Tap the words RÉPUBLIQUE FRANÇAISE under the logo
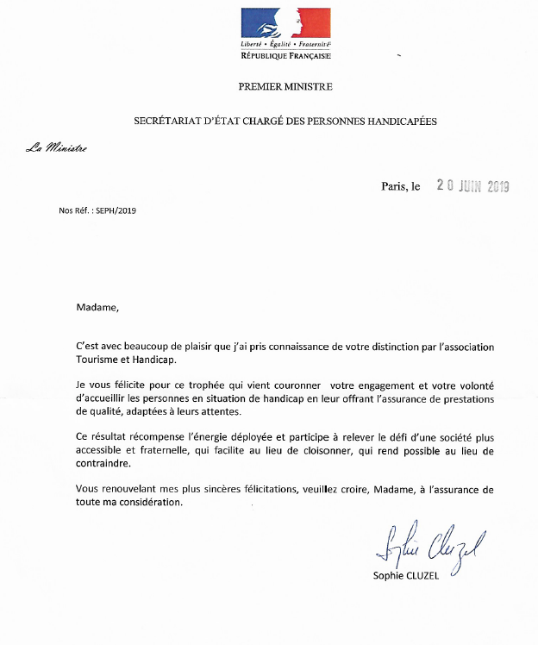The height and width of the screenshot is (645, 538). (285, 54)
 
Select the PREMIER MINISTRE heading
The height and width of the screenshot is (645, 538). (285, 87)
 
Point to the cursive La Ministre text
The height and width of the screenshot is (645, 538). (56, 148)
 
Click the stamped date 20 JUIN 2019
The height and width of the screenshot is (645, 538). (472, 185)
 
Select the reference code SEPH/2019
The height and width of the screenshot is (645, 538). (116, 210)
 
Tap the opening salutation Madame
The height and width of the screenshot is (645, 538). (95, 306)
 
